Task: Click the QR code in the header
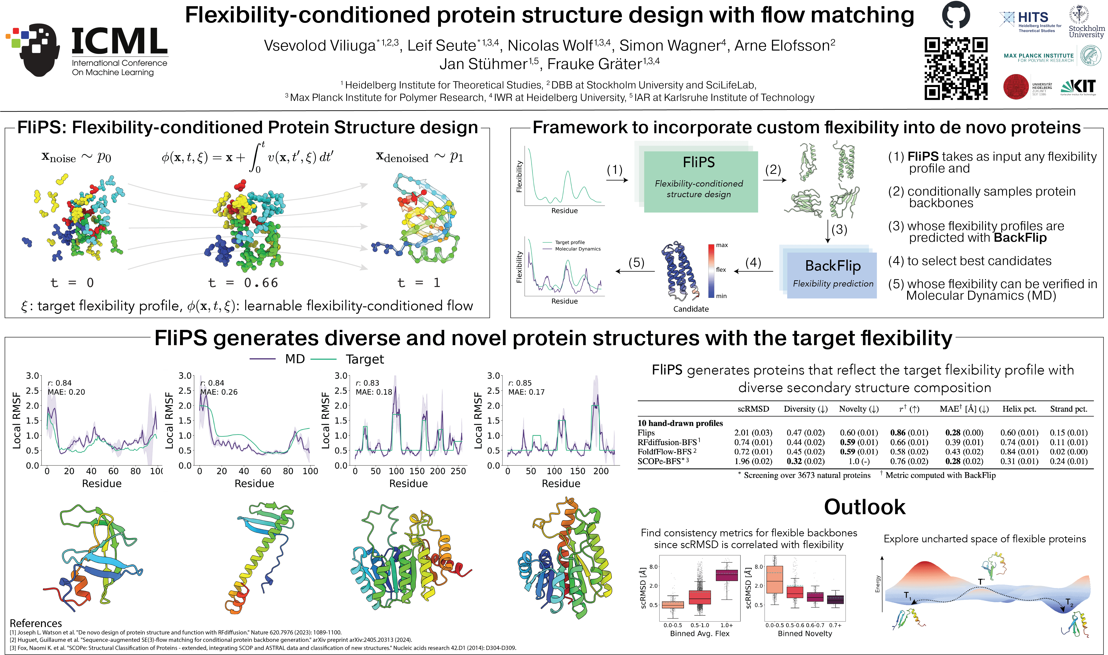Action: [956, 68]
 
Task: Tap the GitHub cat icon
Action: [956, 15]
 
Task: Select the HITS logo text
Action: [1033, 18]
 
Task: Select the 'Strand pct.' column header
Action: [1068, 409]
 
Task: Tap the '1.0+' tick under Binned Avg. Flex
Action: [726, 625]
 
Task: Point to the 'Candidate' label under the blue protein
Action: [691, 309]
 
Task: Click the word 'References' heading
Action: [36, 623]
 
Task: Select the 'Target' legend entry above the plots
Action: [364, 359]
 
